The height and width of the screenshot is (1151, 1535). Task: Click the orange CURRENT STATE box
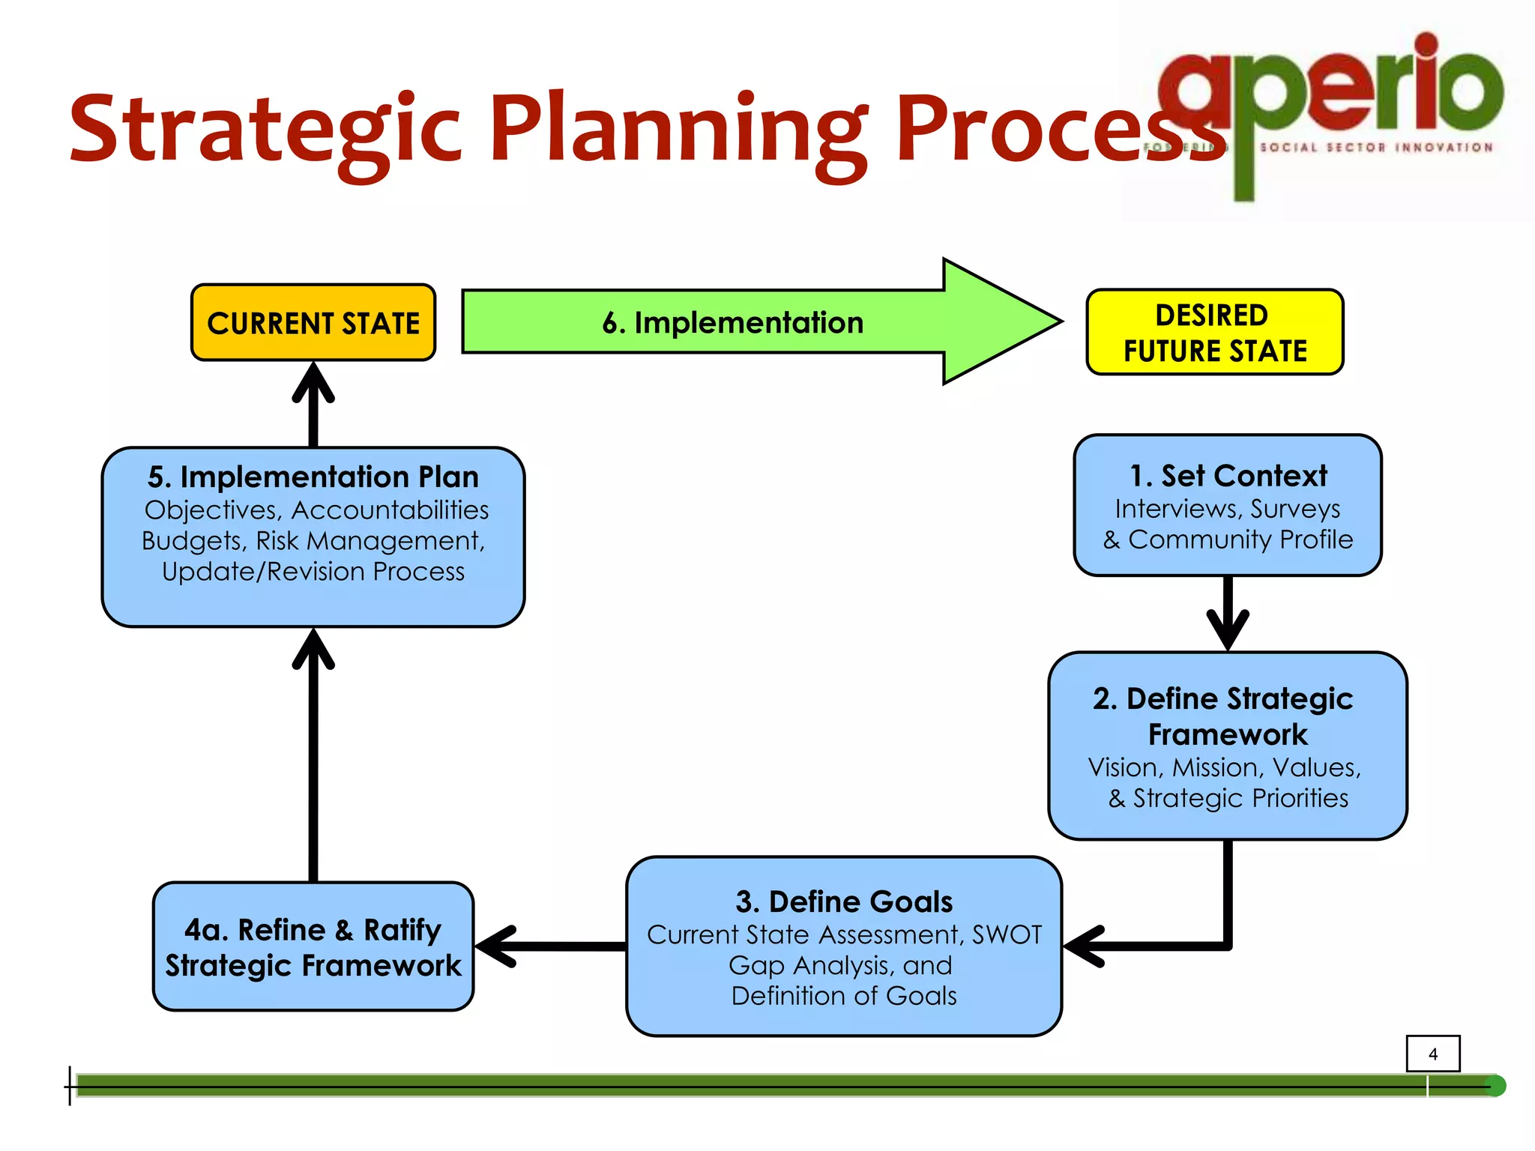click(x=313, y=323)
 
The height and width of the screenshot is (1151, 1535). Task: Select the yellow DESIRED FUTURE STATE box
click(x=1214, y=333)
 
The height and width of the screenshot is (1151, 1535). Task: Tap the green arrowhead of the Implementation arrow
click(x=997, y=321)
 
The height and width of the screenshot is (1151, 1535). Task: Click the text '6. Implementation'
click(x=732, y=323)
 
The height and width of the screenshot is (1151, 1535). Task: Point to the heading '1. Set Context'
click(x=1228, y=476)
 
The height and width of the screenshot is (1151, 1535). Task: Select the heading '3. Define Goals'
click(x=844, y=901)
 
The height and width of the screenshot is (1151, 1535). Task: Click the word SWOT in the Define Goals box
click(x=1007, y=935)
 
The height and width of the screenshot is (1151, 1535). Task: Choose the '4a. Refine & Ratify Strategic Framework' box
click(x=313, y=947)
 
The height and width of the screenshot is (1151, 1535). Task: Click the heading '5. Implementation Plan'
click(x=313, y=477)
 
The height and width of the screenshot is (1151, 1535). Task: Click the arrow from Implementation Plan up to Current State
click(x=313, y=405)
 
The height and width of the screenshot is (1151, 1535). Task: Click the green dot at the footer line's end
click(x=1495, y=1086)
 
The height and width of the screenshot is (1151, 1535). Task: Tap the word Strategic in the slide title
click(x=265, y=129)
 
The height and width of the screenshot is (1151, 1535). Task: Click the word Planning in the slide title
click(x=678, y=129)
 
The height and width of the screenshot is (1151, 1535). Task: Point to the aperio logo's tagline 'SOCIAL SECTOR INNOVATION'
click(x=1376, y=148)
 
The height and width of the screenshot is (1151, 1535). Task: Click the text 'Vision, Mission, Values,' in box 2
click(x=1224, y=767)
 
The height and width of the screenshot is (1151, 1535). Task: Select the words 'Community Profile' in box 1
click(x=1240, y=540)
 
